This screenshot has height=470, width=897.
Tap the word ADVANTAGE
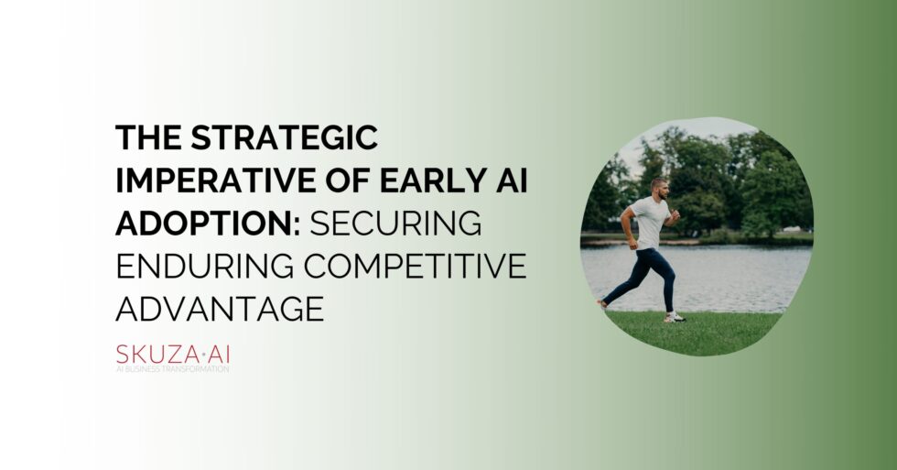tap(220, 309)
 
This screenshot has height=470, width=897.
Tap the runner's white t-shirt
tap(649, 224)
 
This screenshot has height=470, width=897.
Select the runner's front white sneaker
tap(675, 317)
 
